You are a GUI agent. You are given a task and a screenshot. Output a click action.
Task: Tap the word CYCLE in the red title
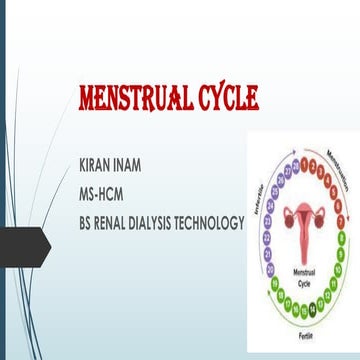click(x=222, y=99)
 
